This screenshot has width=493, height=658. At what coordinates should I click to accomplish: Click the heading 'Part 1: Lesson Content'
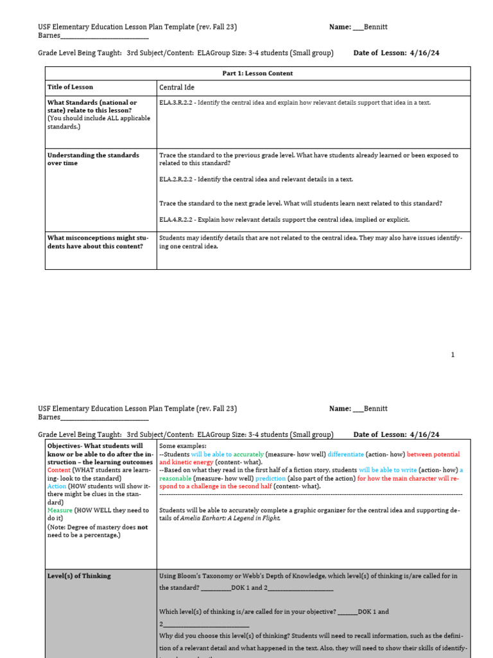(x=257, y=73)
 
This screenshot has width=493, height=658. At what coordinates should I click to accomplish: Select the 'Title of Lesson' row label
(x=70, y=87)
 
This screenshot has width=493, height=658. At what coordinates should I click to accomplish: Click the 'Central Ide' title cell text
(x=177, y=87)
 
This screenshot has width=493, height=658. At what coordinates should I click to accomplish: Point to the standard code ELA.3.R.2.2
(x=177, y=103)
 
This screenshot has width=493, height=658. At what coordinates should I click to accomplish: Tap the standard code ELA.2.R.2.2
(x=177, y=179)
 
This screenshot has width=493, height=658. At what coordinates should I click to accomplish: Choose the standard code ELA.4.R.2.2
(x=177, y=220)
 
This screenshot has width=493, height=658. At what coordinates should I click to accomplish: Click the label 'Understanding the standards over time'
(x=93, y=159)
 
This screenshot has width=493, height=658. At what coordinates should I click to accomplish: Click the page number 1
(x=453, y=355)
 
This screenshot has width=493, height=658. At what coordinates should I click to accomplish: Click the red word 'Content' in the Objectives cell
(x=60, y=470)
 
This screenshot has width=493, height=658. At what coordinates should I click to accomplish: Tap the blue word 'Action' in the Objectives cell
(x=57, y=486)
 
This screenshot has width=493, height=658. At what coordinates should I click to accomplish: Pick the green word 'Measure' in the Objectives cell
(x=60, y=510)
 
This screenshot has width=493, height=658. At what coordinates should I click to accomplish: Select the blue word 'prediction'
(x=270, y=479)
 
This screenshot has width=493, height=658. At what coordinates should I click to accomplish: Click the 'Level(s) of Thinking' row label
(x=79, y=576)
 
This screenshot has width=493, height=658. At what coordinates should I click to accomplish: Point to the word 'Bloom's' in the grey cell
(x=193, y=576)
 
